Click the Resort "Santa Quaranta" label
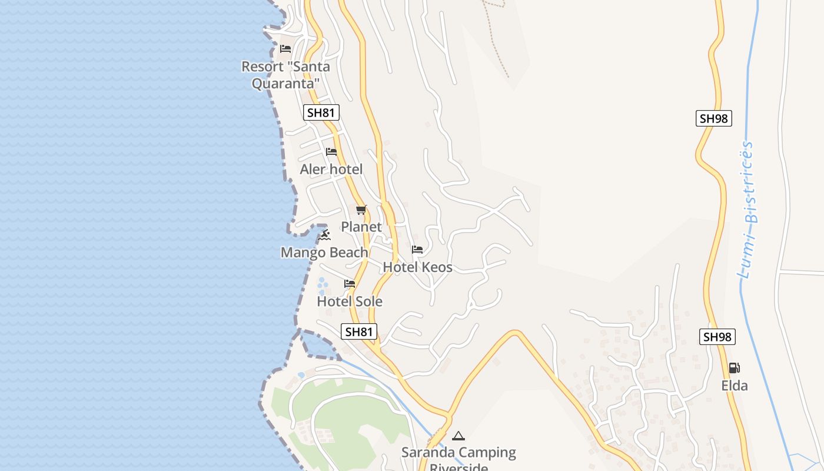click(285, 75)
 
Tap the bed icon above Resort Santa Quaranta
click(285, 48)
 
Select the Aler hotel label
click(331, 170)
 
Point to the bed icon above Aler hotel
click(331, 152)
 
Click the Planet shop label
click(361, 227)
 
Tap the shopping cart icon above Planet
click(361, 210)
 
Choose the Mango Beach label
click(324, 253)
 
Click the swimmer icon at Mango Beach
click(324, 235)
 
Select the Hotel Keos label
click(417, 267)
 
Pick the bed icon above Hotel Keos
click(417, 250)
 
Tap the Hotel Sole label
click(350, 301)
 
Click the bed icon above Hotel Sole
click(350, 284)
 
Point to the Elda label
click(735, 386)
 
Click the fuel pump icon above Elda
click(735, 368)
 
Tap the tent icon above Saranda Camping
click(458, 436)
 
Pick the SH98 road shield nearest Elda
click(717, 337)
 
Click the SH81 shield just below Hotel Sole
click(359, 331)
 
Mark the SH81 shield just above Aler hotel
click(321, 112)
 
